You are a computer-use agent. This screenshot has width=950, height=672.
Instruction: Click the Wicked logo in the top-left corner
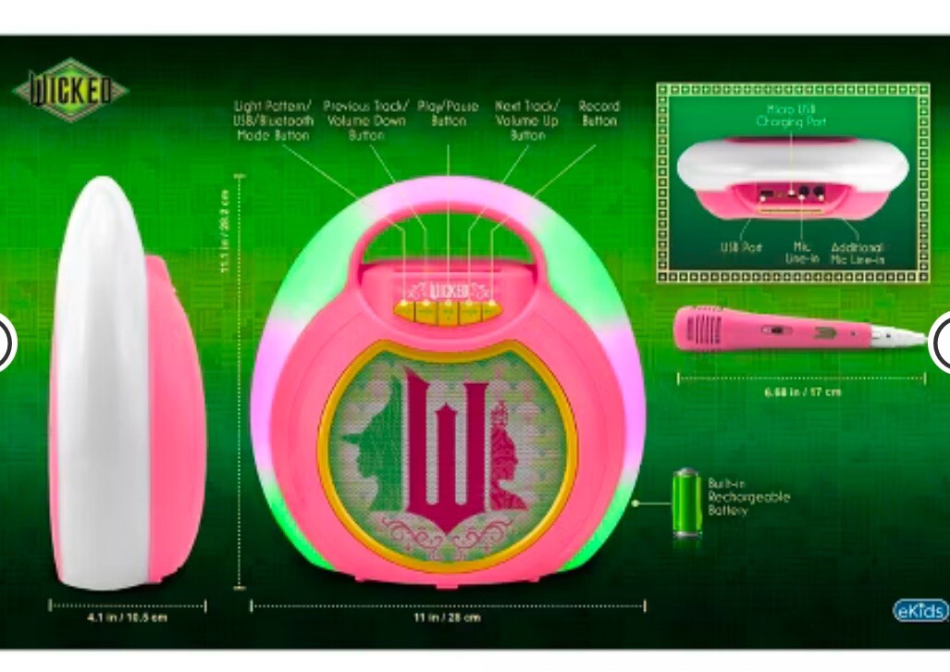[70, 92]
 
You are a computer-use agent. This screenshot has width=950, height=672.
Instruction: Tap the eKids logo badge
[919, 610]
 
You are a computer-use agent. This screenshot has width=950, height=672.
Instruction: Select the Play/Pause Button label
[449, 113]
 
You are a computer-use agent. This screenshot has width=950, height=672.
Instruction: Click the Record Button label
[598, 113]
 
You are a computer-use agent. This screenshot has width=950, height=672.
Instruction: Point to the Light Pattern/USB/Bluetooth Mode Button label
[274, 120]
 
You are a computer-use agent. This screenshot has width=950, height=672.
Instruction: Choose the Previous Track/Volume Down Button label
[365, 120]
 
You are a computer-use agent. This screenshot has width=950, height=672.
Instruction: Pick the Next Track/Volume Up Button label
[527, 120]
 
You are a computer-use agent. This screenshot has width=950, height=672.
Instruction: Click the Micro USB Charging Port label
[791, 115]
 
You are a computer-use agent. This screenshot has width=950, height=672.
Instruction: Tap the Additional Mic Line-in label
[857, 254]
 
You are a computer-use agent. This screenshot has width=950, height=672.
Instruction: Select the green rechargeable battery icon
[686, 502]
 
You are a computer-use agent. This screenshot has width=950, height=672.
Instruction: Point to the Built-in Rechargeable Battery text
[749, 497]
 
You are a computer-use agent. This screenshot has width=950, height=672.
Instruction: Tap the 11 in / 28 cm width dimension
[449, 617]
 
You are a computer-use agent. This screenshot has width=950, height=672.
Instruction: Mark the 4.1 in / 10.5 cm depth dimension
[128, 617]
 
